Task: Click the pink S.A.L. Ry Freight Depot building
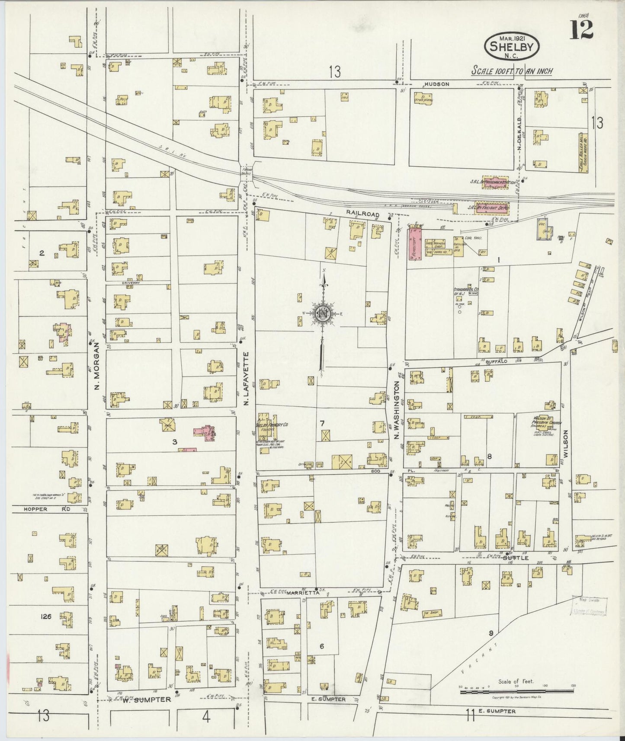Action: pyautogui.click(x=492, y=208)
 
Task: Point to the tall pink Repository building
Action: pyautogui.click(x=414, y=244)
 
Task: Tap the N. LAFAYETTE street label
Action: pyautogui.click(x=246, y=379)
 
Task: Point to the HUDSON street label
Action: pyautogui.click(x=437, y=84)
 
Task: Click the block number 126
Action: pyautogui.click(x=46, y=616)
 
